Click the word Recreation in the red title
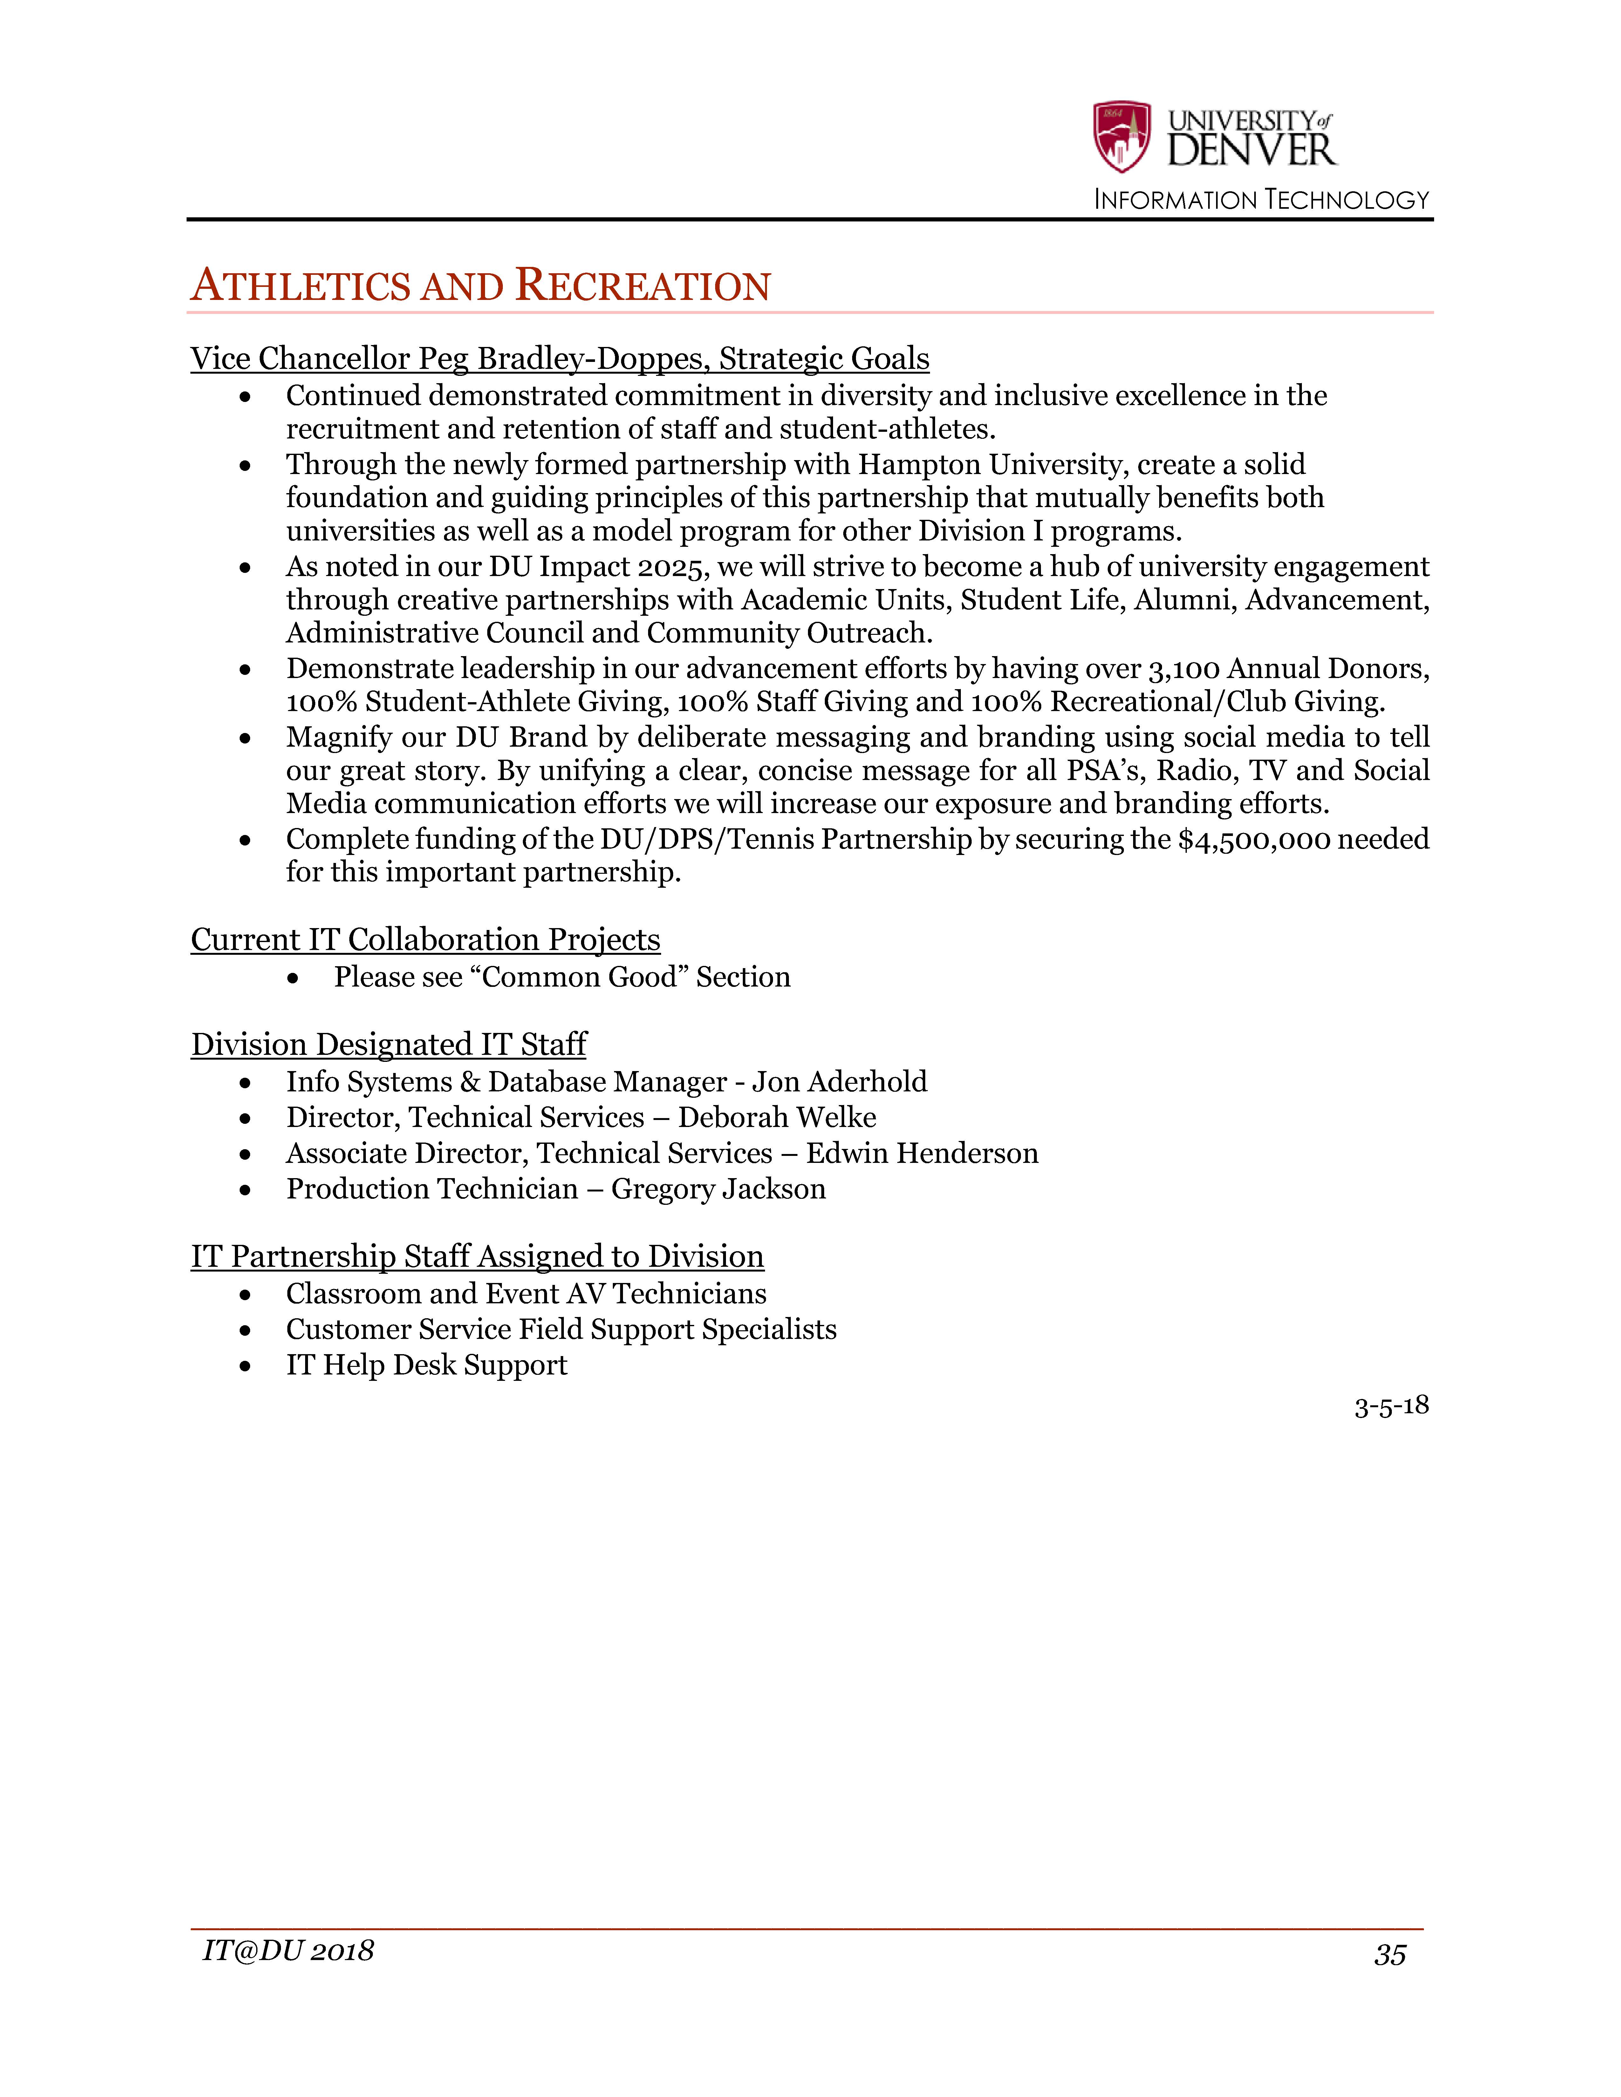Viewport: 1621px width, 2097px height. (x=642, y=286)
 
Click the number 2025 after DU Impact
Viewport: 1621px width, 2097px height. (x=672, y=567)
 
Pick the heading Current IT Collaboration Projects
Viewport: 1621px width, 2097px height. (x=425, y=939)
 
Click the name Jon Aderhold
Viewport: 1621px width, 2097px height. (x=839, y=1082)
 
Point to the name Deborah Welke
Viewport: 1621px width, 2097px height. (x=777, y=1118)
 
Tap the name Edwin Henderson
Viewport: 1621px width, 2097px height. (x=922, y=1153)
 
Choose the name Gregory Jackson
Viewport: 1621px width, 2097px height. (x=718, y=1189)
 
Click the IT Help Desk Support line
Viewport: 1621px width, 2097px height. (x=426, y=1365)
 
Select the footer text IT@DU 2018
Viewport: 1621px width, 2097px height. (x=288, y=1950)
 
